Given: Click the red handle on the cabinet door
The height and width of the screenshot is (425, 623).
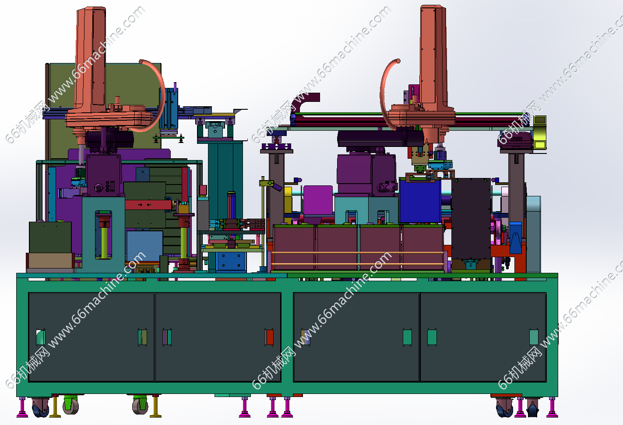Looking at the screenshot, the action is tap(269, 337).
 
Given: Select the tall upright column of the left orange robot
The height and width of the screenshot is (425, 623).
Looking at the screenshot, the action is tap(91, 58).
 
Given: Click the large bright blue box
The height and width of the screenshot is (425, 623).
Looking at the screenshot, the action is tap(420, 201).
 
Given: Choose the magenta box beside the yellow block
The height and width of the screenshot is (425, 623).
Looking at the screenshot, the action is tap(318, 200).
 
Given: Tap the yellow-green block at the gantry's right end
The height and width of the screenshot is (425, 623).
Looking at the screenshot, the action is tap(540, 132).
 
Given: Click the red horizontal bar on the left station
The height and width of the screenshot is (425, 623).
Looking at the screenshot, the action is tap(148, 205).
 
